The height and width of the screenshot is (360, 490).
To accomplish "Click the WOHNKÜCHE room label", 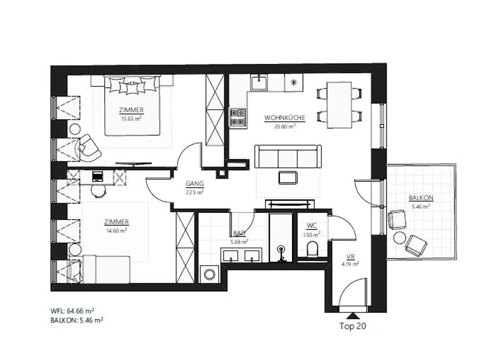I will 285,118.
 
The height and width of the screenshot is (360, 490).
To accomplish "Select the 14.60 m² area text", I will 116,230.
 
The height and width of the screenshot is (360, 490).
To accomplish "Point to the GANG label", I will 195,183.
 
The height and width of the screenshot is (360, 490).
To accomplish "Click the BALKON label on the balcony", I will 421,198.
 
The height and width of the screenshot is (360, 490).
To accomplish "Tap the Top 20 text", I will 353,326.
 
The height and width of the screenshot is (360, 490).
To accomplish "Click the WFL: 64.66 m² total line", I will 77,311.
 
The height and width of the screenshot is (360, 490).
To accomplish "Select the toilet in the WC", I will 312,249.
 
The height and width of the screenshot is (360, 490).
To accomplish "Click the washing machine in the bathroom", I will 209,274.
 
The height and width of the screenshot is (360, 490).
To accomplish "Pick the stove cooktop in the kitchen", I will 238,117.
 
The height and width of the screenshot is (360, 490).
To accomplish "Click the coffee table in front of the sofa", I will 288,177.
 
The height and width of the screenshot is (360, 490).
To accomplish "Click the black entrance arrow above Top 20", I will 353,315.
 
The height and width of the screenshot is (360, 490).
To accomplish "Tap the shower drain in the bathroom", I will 281,250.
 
